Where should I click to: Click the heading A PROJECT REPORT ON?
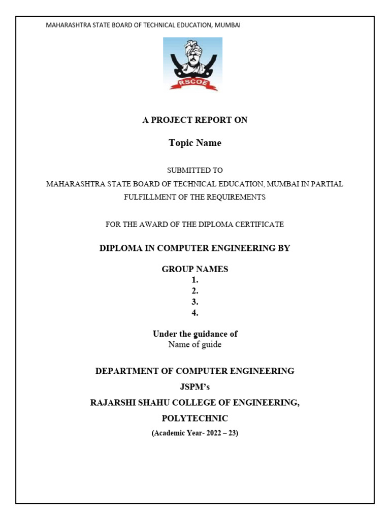click(195, 120)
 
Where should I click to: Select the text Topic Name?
click(195, 143)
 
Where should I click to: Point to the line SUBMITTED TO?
click(195, 171)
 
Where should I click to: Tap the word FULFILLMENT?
click(148, 197)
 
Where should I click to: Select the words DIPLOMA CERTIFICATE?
click(245, 224)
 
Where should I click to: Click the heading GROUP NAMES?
click(195, 270)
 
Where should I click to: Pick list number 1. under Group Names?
click(195, 280)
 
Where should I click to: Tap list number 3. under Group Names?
click(195, 302)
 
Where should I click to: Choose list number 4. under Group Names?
click(195, 313)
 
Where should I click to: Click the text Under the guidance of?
click(195, 334)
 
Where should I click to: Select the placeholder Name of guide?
click(195, 345)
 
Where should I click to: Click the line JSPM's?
click(195, 387)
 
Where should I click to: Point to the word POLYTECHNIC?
click(195, 418)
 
